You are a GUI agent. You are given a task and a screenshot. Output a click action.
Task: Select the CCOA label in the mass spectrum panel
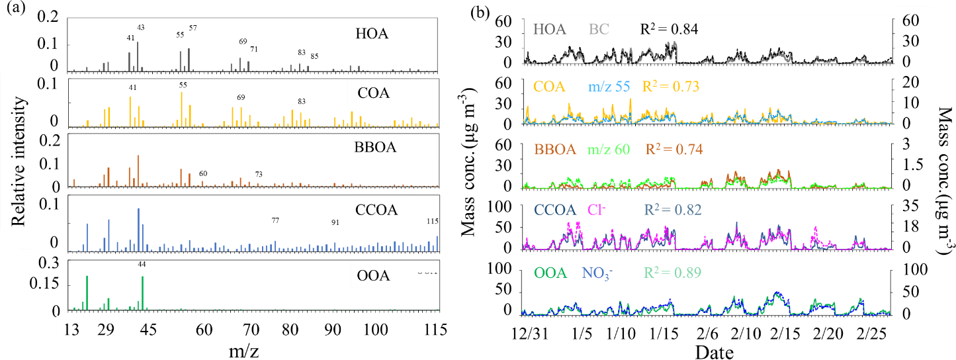376,210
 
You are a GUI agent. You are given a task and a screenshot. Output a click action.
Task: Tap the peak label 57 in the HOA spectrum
193,28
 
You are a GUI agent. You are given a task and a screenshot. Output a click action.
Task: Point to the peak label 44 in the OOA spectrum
142,264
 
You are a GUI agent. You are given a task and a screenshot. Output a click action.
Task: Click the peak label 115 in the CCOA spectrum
433,221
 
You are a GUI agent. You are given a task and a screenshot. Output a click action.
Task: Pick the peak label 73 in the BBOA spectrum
259,174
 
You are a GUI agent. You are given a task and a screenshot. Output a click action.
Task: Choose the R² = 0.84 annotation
668,29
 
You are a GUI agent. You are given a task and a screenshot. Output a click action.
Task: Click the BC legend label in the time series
599,30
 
